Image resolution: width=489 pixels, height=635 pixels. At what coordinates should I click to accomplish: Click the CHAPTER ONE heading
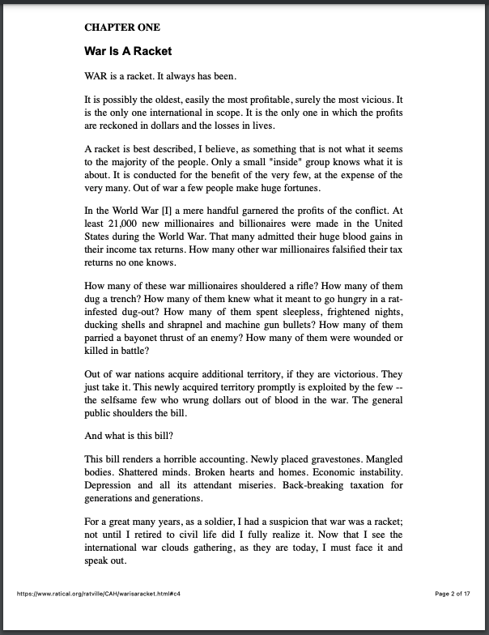pos(122,28)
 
